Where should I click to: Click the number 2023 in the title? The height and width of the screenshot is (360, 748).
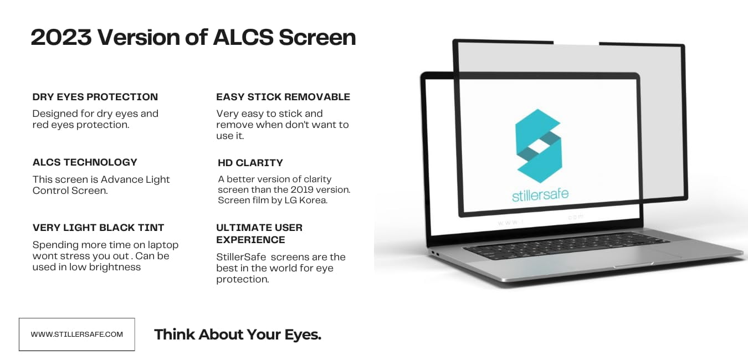pos(61,37)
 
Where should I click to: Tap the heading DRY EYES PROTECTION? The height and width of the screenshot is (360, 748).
pos(95,97)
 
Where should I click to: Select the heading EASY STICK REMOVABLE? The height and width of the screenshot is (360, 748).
pos(283,97)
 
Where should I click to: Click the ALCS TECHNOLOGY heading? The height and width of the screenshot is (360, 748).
pos(85,162)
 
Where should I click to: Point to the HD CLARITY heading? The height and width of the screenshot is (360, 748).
pos(250,163)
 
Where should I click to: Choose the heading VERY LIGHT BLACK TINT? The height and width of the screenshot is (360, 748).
pos(99,228)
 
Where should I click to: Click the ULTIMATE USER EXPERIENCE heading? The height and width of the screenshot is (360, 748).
pos(259,234)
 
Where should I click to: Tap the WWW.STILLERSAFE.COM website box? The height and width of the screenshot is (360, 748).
pos(77,335)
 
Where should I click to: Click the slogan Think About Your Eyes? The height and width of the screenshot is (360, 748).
pos(238,335)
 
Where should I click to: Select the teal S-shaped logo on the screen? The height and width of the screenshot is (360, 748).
pos(539,146)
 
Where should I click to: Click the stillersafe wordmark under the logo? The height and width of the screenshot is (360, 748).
pos(540,194)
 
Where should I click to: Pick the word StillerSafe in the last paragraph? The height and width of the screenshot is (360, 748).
pos(241,257)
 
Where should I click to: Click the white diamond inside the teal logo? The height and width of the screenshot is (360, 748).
pos(539,146)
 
